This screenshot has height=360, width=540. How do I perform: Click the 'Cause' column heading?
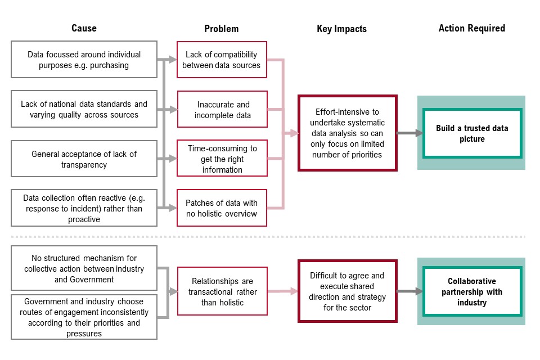84,28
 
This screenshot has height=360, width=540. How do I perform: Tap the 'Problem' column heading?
222,29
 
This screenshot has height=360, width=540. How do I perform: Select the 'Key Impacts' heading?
341,29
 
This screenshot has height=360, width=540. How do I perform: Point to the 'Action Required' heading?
472,28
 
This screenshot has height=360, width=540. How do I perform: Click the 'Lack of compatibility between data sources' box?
222,60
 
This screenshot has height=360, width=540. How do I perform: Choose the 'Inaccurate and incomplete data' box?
223,109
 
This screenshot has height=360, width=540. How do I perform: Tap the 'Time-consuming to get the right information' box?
222,158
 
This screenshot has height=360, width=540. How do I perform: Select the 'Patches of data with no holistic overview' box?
222,208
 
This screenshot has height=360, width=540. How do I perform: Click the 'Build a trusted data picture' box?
472,133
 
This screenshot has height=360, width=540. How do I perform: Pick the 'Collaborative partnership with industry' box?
472,291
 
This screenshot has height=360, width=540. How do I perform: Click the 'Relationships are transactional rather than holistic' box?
223,291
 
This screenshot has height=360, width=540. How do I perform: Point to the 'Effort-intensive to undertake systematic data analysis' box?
348,133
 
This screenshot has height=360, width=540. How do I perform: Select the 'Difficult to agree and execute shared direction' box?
348,291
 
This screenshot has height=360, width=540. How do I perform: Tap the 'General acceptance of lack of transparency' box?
84,159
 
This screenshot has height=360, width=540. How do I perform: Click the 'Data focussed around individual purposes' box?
84,60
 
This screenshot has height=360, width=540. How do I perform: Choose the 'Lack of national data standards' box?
84,109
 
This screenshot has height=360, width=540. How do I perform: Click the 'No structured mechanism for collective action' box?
84,268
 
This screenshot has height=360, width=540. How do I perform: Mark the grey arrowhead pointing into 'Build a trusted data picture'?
418,133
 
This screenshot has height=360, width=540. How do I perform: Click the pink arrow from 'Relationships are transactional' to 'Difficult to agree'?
283,291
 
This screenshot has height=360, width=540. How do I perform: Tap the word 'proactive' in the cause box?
84,219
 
